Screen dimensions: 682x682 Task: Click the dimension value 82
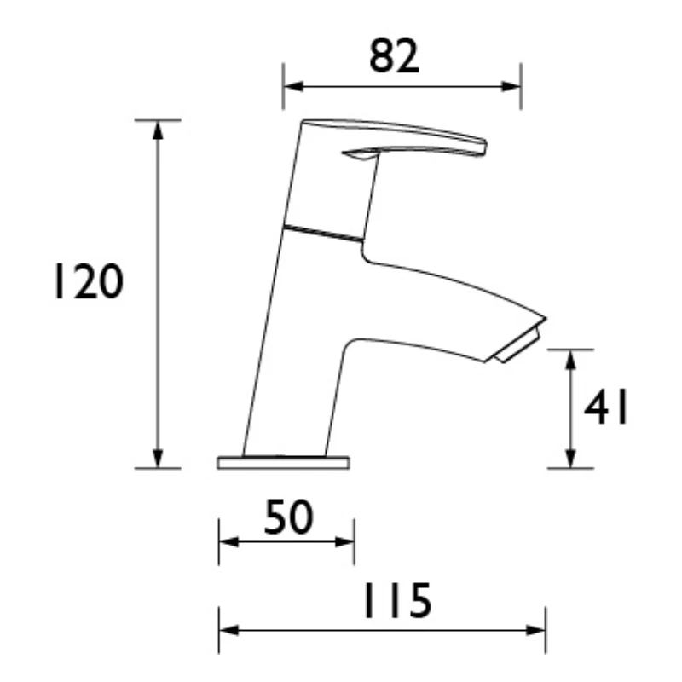[x=395, y=58]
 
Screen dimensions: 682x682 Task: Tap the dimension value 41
[x=606, y=410]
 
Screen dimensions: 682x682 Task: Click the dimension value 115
[x=394, y=603]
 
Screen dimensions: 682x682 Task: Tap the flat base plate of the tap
[x=284, y=463]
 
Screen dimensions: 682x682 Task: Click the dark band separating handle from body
[x=324, y=233]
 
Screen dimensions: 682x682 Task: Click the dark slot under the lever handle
[x=358, y=154]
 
